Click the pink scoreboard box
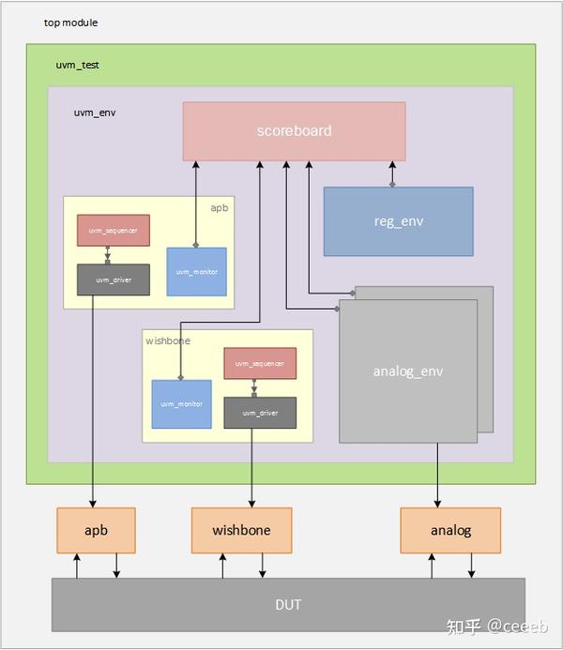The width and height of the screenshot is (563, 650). (x=294, y=131)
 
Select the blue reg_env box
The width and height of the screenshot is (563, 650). (x=398, y=221)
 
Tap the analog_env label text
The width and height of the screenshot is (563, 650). (x=408, y=371)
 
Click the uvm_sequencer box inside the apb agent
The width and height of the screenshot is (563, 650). (x=113, y=231)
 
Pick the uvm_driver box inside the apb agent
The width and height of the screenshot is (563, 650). (x=113, y=280)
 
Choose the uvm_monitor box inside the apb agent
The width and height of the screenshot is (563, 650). (x=196, y=272)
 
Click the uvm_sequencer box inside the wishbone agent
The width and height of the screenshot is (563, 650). (x=260, y=363)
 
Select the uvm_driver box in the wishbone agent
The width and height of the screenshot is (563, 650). (x=260, y=413)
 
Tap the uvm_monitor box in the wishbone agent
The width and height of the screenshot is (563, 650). (x=181, y=404)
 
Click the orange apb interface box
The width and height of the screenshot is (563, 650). (x=96, y=530)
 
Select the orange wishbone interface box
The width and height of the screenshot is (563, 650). (x=241, y=530)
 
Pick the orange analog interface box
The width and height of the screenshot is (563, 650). (x=450, y=530)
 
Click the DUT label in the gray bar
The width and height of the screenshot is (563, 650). (x=288, y=604)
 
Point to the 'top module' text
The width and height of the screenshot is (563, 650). (x=70, y=23)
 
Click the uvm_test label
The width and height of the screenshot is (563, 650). (x=78, y=66)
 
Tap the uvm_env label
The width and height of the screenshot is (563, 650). (x=95, y=113)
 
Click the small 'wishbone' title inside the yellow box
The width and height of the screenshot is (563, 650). (x=168, y=340)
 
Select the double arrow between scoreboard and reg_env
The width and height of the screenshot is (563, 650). (x=392, y=174)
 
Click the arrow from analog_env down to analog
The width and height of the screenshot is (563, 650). (x=437, y=475)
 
